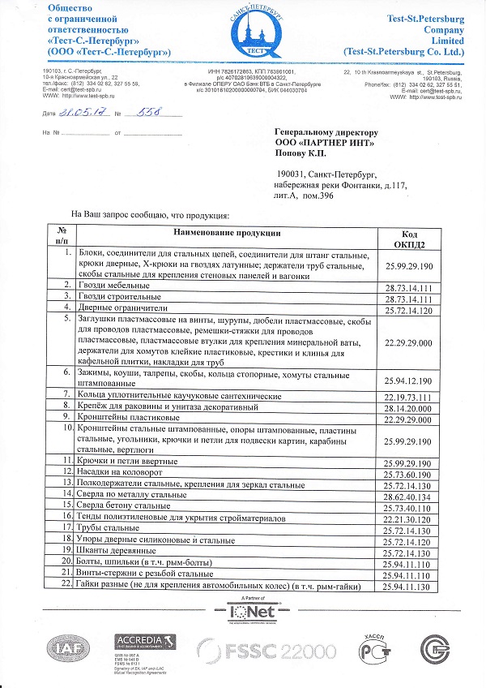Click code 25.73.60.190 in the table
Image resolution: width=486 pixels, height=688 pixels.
point(408,471)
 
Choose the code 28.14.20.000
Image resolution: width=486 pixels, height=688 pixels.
point(408,407)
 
